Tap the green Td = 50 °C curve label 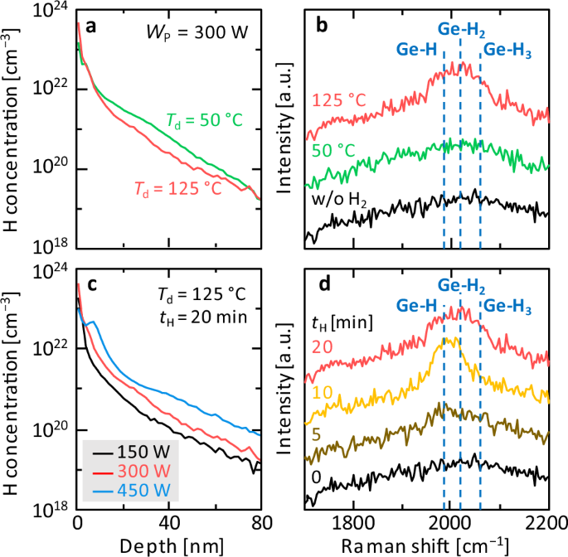point(204,123)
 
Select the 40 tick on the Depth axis point(169,523)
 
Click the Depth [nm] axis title point(168,545)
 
